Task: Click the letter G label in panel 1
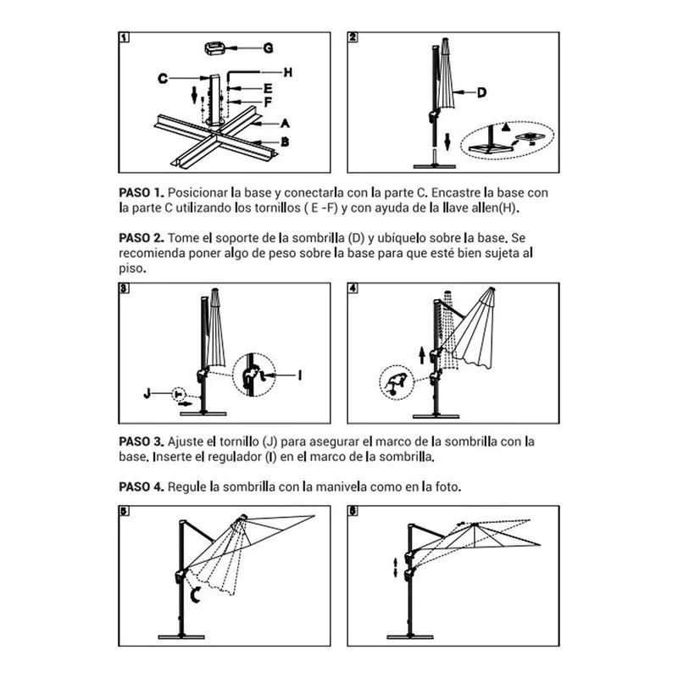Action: click(x=268, y=48)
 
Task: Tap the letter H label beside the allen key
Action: click(x=288, y=73)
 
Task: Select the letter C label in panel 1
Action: click(x=163, y=78)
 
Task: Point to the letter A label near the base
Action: click(x=285, y=124)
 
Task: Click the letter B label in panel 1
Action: click(x=285, y=142)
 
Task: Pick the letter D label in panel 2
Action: click(x=481, y=92)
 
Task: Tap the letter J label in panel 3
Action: click(x=147, y=393)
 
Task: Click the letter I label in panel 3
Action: click(x=300, y=375)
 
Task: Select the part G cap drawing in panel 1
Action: click(x=215, y=48)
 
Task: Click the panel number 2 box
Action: click(x=353, y=37)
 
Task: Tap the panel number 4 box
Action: click(x=353, y=288)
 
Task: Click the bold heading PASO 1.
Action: click(x=142, y=193)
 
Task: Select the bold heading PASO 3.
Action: click(x=142, y=442)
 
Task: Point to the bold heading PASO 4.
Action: click(x=142, y=487)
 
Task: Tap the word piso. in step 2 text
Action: click(x=132, y=269)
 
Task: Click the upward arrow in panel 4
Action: click(x=422, y=355)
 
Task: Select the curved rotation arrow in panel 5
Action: click(x=195, y=595)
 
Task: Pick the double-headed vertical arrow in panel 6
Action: click(x=395, y=567)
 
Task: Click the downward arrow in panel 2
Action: click(x=448, y=142)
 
